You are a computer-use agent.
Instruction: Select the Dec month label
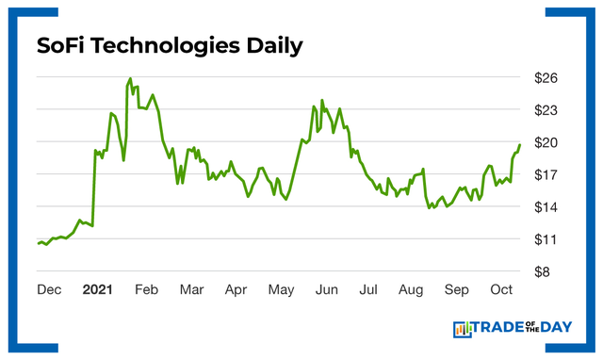[50, 290]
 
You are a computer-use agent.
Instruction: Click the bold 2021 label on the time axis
[99, 290]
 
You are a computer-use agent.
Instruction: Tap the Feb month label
[146, 290]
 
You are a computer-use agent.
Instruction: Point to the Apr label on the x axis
[236, 290]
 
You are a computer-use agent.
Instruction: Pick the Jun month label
[326, 290]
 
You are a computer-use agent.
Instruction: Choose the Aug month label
[412, 290]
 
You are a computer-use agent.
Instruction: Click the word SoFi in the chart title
[62, 46]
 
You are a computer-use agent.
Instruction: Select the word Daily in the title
[274, 46]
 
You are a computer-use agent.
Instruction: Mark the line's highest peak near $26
[130, 79]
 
